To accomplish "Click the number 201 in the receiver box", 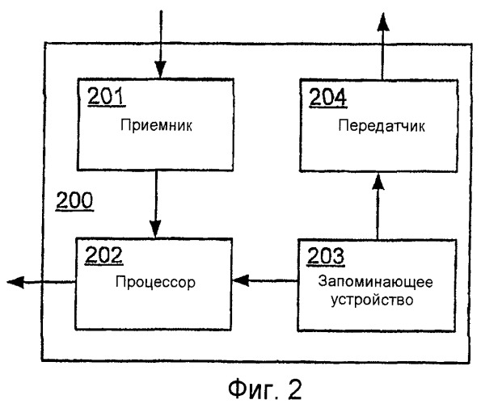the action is [107, 96].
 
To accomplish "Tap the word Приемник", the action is [156, 125].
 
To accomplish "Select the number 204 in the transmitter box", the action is [328, 97].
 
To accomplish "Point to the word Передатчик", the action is [382, 126].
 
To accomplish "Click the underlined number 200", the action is [74, 200].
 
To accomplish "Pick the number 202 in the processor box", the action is [104, 255].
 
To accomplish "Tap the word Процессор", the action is [155, 282].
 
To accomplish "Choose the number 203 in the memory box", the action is [326, 255].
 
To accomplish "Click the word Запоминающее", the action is [375, 281].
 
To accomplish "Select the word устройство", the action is [372, 300].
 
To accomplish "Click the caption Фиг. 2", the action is [265, 389].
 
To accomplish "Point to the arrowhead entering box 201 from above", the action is [160, 69].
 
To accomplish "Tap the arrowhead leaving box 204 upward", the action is [383, 22].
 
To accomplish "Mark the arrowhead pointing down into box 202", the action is [155, 229].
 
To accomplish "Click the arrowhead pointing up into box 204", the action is [378, 182].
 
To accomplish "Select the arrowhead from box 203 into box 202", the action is [241, 280].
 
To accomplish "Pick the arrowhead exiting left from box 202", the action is [15, 282].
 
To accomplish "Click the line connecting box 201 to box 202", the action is [156, 204].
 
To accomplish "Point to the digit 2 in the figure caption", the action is [294, 389].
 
